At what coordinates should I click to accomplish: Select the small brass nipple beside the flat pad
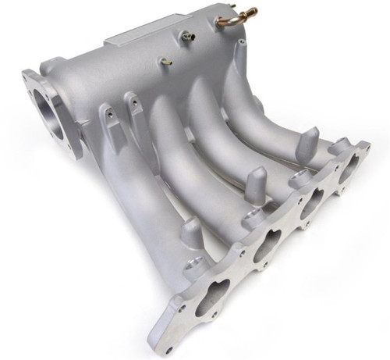(x=188, y=36)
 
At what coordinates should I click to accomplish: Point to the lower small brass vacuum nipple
(x=166, y=61)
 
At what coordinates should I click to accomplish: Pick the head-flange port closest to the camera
(x=211, y=294)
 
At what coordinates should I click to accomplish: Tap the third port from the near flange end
(x=310, y=202)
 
